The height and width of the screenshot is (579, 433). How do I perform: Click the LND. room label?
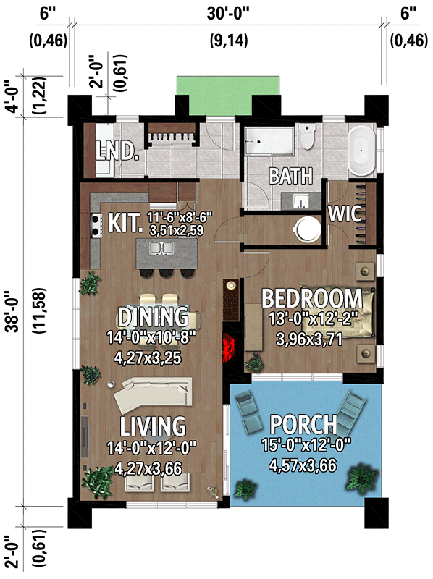[x=117, y=151]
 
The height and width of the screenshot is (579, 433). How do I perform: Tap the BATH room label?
[x=290, y=176]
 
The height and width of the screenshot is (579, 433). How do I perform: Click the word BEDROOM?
[x=311, y=297]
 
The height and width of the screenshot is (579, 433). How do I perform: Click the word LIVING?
[x=153, y=425]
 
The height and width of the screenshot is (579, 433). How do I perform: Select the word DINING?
[x=154, y=317]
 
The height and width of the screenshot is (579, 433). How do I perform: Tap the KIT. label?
[x=125, y=221]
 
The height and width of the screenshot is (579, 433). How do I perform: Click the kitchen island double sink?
[x=161, y=250]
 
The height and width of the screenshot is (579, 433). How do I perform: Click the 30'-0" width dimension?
[x=226, y=14]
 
